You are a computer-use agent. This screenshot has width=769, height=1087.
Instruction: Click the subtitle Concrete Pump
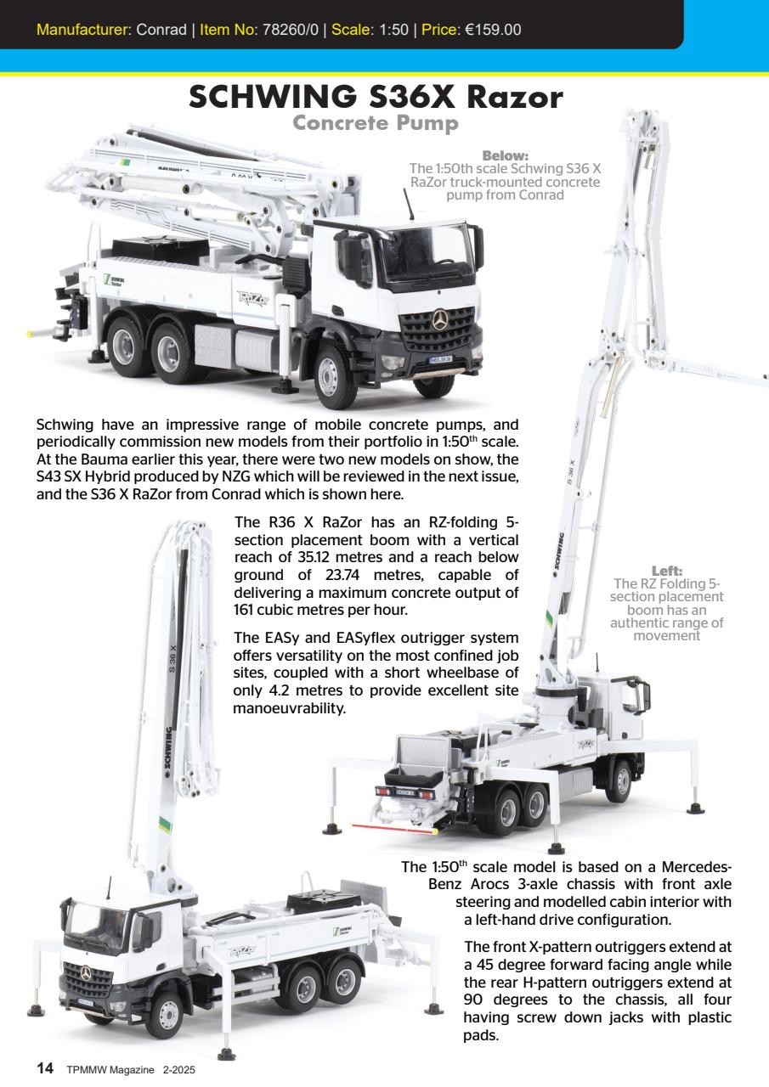[376, 124]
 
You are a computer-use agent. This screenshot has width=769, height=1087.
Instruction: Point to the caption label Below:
[505, 155]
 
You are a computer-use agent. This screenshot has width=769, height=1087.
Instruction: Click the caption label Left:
[666, 571]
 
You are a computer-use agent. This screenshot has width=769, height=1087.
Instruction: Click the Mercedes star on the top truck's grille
[439, 320]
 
